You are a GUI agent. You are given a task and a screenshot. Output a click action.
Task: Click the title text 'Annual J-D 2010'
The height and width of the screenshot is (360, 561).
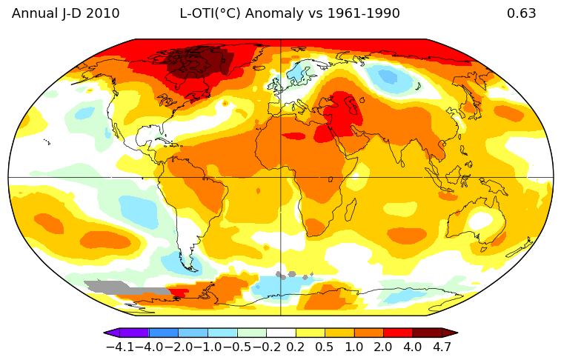66,13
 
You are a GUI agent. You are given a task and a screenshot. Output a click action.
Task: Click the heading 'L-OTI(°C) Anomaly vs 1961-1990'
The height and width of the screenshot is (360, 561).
290,13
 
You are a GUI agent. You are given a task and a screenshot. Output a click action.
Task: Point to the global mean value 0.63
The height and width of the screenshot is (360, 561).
521,13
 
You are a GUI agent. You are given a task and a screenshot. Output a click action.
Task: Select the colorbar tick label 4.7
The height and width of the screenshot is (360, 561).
442,346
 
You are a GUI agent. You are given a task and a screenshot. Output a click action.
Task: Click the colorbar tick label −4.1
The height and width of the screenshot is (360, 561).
120,346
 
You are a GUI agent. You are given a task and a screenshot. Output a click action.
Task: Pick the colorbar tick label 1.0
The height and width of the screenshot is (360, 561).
353,346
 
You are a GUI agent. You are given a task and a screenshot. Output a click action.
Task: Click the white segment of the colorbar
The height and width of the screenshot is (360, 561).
281,333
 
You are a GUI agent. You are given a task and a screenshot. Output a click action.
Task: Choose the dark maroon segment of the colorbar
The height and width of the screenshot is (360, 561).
428,333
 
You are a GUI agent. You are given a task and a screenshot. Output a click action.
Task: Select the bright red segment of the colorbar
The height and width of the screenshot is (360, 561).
398,333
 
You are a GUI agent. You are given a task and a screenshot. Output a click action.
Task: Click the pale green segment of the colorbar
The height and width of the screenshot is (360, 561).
251,333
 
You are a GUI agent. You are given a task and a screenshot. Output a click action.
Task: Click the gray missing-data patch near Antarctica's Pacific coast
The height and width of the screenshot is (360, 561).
119,287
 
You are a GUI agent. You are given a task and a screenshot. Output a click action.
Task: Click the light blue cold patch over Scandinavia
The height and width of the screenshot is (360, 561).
299,72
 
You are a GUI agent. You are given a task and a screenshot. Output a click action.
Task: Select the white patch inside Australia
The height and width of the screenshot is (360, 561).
482,220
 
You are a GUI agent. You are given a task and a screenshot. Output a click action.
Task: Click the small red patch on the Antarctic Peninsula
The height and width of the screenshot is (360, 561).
179,293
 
